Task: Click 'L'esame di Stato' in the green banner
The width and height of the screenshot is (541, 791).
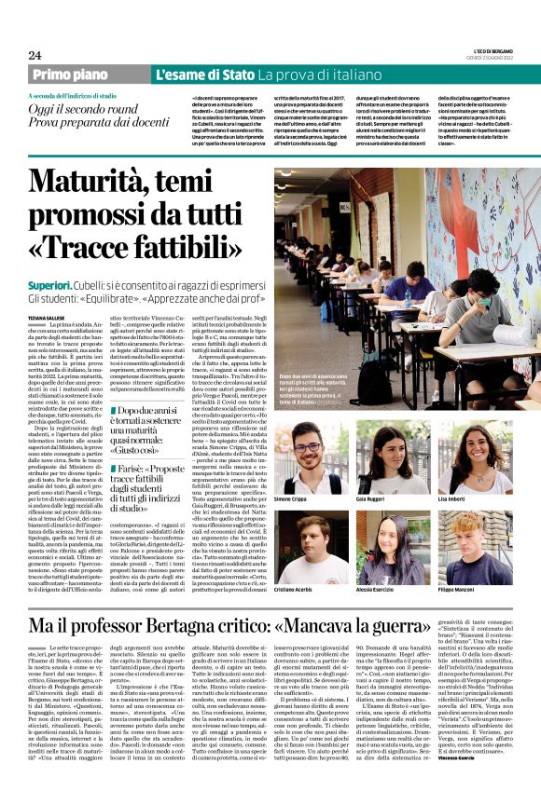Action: click(203, 75)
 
